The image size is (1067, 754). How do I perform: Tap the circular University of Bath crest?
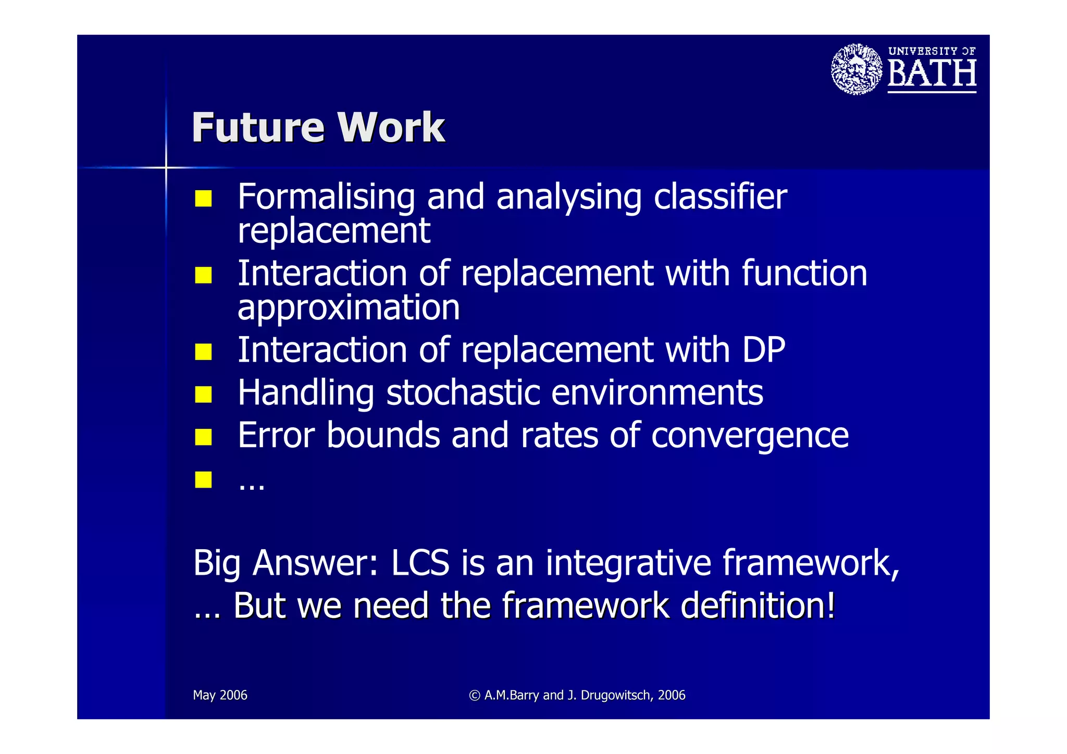[x=857, y=69]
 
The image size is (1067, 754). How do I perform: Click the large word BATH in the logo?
[x=932, y=73]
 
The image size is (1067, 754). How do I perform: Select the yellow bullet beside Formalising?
[x=203, y=199]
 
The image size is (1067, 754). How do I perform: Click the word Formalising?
[x=326, y=197]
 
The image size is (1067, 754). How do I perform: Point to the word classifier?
[x=720, y=197]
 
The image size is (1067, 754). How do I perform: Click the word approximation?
[x=349, y=307]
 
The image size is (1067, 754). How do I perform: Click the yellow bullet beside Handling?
[x=203, y=394]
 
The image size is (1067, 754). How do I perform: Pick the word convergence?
[x=750, y=436]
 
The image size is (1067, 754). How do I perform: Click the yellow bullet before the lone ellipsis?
[x=203, y=479]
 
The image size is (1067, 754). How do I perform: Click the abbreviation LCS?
[x=420, y=563]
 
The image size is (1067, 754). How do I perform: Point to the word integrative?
[x=628, y=564]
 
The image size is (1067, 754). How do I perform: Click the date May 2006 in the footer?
[x=220, y=695]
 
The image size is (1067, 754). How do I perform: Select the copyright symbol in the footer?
[x=474, y=696]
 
